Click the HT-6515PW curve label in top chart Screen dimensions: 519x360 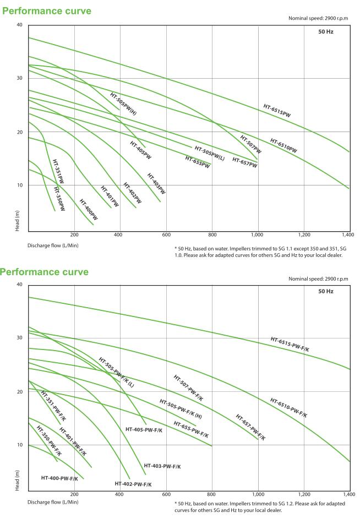[x=277, y=111]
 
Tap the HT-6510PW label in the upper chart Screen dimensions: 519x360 [x=283, y=145]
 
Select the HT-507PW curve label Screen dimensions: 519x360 [x=250, y=144]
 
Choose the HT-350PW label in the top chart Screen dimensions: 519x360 [x=59, y=199]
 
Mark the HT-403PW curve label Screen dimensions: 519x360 [x=156, y=184]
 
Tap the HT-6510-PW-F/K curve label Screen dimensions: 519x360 [x=288, y=408]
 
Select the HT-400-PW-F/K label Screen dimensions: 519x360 [x=59, y=478]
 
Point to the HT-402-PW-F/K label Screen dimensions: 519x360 [x=133, y=484]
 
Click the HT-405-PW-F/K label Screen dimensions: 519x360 [x=144, y=429]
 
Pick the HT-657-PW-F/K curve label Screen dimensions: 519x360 [x=250, y=428]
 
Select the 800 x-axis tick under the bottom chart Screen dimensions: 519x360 [x=212, y=494]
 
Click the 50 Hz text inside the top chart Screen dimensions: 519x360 [x=325, y=32]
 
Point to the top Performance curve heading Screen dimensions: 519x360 [x=47, y=11]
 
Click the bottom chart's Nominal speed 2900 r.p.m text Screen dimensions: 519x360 [x=318, y=279]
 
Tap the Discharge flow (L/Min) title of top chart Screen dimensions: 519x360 [x=53, y=245]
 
